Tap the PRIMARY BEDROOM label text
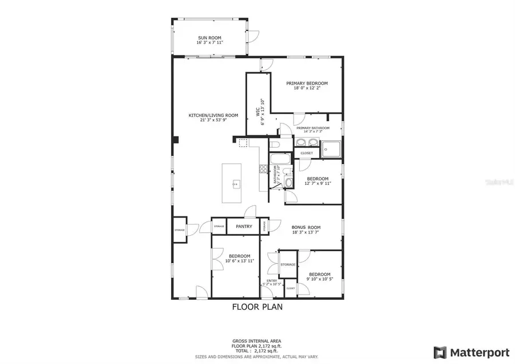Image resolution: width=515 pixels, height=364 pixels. click(x=307, y=83)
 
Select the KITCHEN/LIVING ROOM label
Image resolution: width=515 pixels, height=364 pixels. click(x=213, y=115)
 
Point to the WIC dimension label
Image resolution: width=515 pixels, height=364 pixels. click(x=260, y=112)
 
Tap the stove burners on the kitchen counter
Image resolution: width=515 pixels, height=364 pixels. click(x=263, y=169)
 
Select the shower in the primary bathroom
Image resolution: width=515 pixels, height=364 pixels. click(x=331, y=149)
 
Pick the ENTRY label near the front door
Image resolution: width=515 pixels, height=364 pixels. click(x=271, y=280)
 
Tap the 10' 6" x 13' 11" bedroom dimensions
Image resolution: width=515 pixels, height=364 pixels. click(x=239, y=261)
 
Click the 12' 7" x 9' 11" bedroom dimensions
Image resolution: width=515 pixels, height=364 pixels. click(x=318, y=183)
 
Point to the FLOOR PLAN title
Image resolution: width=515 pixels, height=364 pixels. click(x=257, y=307)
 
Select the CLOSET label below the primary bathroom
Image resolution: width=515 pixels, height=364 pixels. click(x=307, y=153)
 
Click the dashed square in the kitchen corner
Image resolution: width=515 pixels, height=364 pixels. click(x=243, y=143)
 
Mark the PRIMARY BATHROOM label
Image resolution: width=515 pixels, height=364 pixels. click(x=312, y=128)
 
